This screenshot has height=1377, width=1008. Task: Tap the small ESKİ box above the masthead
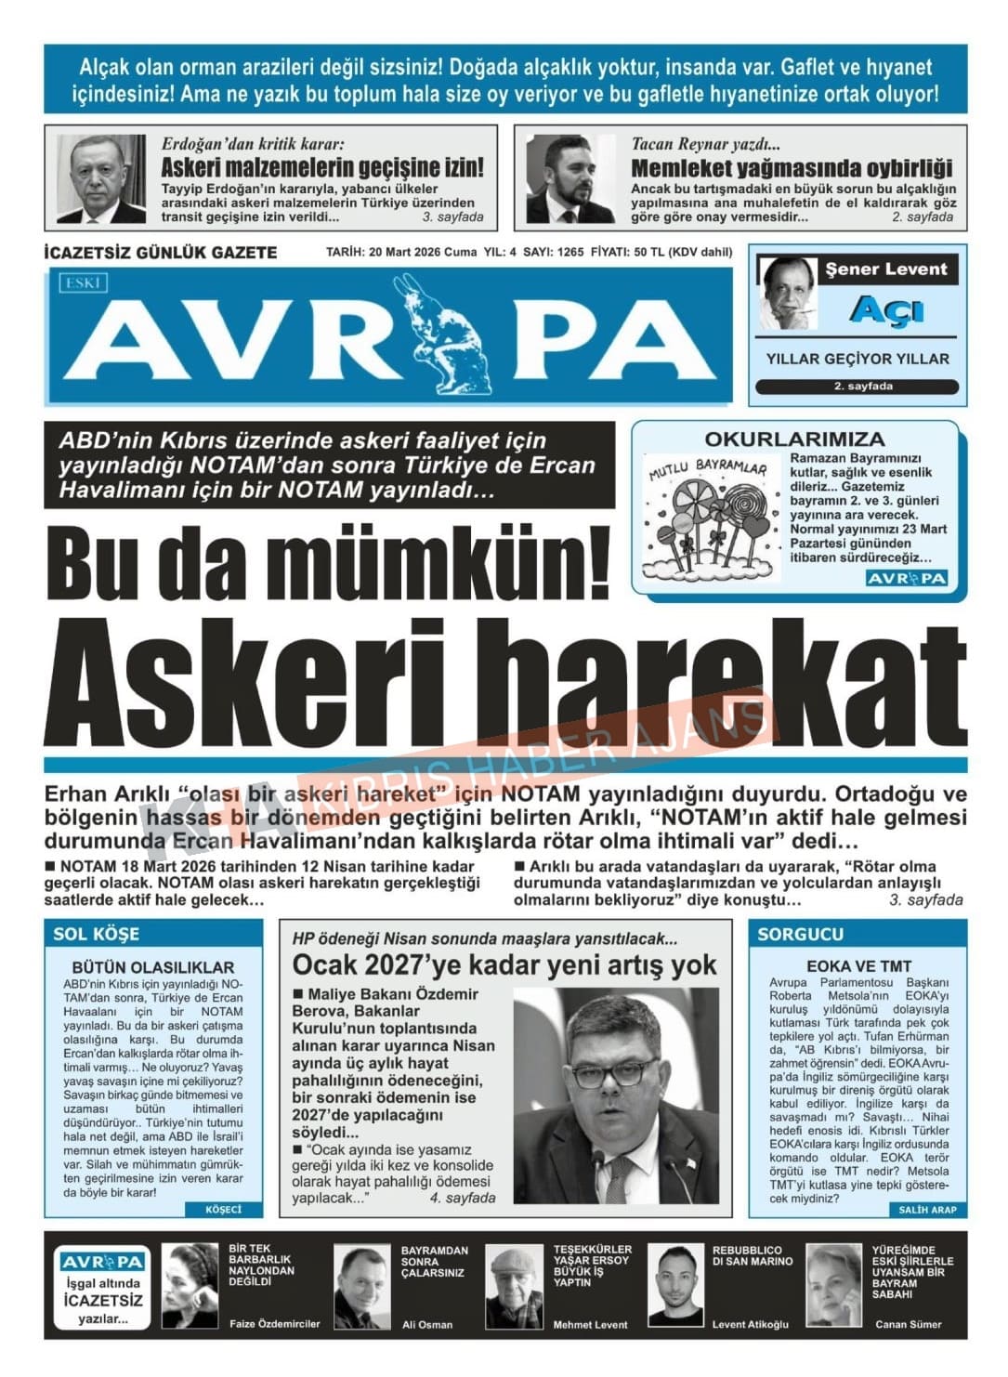point(83,282)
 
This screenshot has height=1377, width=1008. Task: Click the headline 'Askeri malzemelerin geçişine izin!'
point(322,168)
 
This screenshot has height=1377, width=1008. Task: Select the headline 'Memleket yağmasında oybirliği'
point(792,168)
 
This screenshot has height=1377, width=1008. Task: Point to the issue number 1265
point(570,252)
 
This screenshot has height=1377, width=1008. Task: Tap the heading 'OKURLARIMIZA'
point(794,439)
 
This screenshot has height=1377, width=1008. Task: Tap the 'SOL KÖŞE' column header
point(97,934)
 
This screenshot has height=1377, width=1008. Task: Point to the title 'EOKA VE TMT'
point(858,966)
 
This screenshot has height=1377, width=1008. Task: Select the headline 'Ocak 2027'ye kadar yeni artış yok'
point(504,965)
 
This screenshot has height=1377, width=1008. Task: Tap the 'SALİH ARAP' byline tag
point(926,1209)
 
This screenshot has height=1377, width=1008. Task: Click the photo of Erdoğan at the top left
point(100,178)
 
